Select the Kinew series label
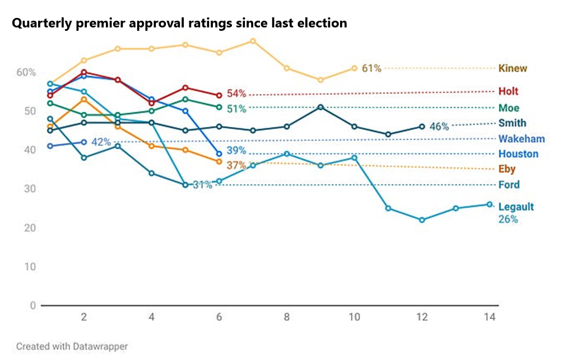[x=513, y=68]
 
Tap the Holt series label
[x=508, y=91]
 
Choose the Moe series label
[x=509, y=107]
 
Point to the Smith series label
[x=512, y=123]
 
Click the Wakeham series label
[x=521, y=139]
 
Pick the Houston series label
[x=518, y=154]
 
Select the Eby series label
[x=506, y=169]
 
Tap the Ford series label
[x=509, y=185]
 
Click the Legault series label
[x=516, y=207]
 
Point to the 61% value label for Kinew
[x=371, y=68]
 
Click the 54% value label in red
[x=236, y=93]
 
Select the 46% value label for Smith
[x=439, y=127]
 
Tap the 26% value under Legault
[x=508, y=219]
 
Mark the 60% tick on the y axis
[x=26, y=72]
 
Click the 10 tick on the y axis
[x=30, y=267]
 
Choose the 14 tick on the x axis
[x=490, y=317]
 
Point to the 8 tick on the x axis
[x=287, y=317]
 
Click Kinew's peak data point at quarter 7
[x=253, y=41]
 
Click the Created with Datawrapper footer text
[x=72, y=347]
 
